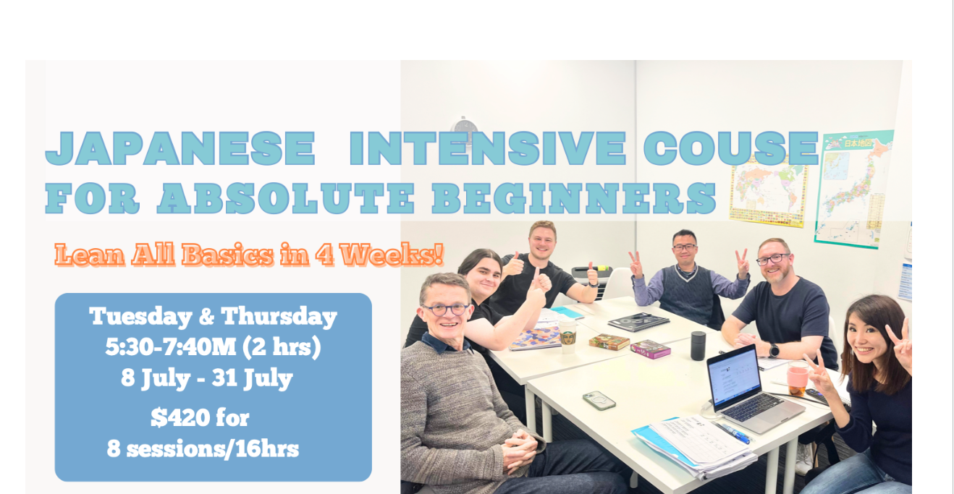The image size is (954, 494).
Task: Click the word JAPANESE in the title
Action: [180, 148]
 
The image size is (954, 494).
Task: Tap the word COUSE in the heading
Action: [731, 148]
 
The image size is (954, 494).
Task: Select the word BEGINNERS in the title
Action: [574, 198]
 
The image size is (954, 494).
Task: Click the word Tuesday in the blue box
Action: [140, 317]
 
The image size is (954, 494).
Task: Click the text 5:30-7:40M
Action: [171, 346]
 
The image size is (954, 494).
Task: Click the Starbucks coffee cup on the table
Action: [567, 336]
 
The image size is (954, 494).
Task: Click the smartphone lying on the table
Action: [599, 401]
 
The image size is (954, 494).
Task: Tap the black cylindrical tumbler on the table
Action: [698, 346]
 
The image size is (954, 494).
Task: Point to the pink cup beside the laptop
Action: [797, 378]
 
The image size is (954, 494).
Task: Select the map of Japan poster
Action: [853, 189]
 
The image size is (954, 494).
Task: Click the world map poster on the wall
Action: [768, 194]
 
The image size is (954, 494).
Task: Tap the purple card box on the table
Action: [650, 349]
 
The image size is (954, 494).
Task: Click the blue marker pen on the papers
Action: [733, 433]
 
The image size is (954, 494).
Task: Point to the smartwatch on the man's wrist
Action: [774, 351]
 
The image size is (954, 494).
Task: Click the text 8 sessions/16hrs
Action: [203, 449]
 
